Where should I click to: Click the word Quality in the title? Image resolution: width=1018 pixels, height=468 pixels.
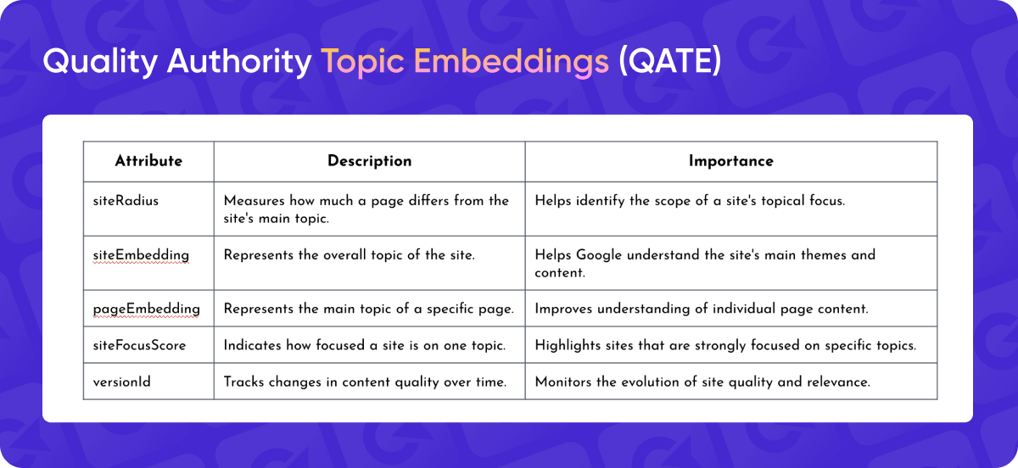100,62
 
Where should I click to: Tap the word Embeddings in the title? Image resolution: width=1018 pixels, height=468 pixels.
512,62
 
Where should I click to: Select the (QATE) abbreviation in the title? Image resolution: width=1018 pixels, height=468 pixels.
670,61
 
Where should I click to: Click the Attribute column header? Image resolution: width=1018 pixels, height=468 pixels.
148,161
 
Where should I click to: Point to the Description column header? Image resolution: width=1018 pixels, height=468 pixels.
370,161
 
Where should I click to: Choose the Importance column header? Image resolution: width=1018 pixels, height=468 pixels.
730,161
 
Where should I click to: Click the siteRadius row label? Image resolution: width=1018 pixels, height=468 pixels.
126,200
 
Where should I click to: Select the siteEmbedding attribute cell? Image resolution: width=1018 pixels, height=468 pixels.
141,255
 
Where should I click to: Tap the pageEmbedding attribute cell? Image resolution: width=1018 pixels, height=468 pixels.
146,309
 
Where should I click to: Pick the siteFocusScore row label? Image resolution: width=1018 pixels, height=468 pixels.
139,345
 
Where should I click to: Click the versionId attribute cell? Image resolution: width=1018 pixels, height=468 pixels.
122,382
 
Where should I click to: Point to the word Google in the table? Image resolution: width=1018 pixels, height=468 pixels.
599,255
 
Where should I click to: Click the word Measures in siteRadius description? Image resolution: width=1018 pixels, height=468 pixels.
254,200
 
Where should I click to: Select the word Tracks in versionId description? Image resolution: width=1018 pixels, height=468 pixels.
243,382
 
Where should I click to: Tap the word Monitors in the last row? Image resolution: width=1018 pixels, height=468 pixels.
563,382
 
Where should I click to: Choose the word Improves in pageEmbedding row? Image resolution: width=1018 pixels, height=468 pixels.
563,309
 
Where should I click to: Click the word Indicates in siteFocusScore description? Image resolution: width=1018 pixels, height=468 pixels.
253,345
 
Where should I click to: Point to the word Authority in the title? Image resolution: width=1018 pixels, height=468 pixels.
239,61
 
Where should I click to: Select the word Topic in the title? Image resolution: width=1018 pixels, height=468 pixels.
363,62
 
